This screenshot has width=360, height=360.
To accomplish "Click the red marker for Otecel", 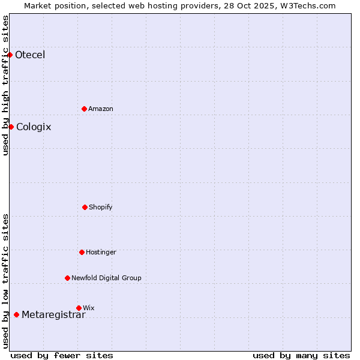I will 10,55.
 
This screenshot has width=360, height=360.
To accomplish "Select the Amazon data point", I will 84,109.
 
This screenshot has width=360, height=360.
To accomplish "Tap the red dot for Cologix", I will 11,127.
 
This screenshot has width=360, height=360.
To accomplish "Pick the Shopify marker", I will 85,207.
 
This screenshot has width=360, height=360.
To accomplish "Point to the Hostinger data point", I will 82,252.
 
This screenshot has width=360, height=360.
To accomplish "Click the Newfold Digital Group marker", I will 67,278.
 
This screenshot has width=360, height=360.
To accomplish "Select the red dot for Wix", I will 79,308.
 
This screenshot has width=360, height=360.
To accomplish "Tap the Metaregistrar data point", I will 16,314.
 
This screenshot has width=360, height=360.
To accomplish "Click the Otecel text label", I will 30,55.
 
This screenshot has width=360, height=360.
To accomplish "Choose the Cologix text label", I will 34,127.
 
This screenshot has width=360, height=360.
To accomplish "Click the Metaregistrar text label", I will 53,315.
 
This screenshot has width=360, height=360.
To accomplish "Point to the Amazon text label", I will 101,109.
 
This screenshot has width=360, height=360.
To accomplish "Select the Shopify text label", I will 101,207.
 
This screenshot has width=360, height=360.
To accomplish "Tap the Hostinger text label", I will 101,252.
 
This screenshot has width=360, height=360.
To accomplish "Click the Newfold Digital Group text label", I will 106,278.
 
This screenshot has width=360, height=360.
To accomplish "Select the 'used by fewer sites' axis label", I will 62,355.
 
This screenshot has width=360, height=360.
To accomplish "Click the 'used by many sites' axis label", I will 301,355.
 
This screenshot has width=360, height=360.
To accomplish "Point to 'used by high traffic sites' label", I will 5,85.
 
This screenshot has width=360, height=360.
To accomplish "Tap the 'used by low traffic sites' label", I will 5,281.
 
